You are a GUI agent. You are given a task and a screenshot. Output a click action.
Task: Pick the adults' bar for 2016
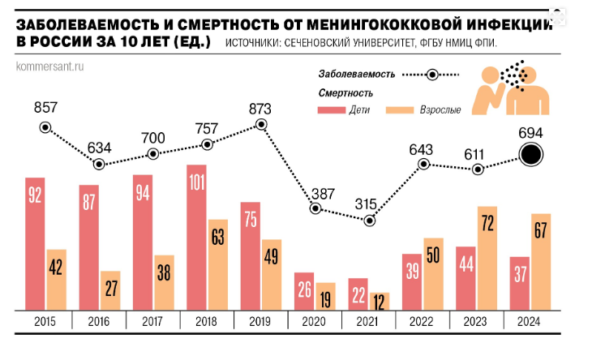coord(109,290)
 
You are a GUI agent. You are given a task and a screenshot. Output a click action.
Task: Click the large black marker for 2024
coord(531,155)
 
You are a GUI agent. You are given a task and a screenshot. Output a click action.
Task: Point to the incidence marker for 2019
coord(261,124)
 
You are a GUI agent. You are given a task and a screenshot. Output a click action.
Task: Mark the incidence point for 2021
coord(370,220)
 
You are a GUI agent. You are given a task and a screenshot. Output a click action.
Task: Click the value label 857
coord(45,108)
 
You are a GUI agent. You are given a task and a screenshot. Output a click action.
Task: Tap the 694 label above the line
coord(531,131)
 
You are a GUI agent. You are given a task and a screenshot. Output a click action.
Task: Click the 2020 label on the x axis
coord(315,321)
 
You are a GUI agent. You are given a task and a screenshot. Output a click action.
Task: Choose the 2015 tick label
coord(45,321)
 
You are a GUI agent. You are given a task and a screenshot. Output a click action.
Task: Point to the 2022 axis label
coord(423,321)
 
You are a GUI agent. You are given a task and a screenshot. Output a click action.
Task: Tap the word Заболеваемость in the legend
coord(356,75)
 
